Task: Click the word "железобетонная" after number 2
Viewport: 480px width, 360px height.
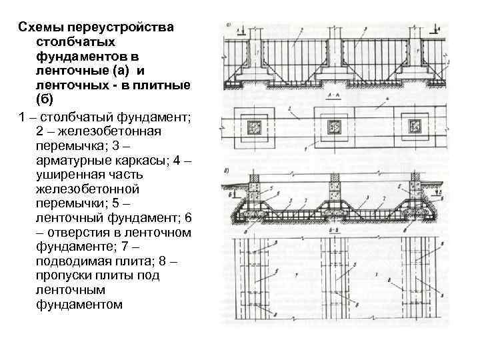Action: click(110, 131)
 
